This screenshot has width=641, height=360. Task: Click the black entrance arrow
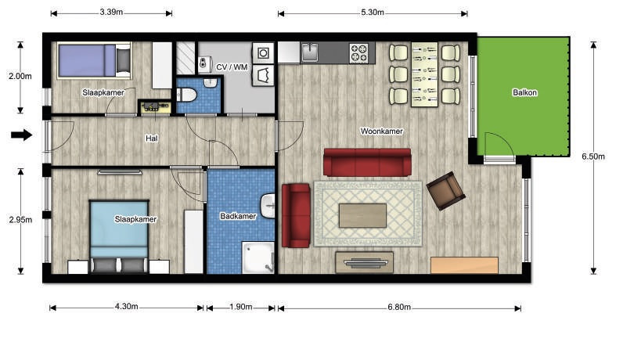click(x=21, y=135)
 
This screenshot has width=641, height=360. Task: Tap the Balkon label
click(x=524, y=93)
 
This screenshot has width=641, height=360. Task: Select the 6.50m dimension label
click(x=593, y=156)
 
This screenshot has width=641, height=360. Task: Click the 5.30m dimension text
click(x=372, y=13)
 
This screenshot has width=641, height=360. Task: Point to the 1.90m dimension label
click(x=241, y=307)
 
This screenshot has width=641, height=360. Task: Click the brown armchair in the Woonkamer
click(x=445, y=191)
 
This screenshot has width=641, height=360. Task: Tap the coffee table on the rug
click(x=362, y=215)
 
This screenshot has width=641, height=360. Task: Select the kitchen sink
click(x=310, y=52)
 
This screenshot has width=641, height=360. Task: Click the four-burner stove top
click(x=359, y=53)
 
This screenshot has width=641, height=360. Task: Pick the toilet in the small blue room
click(x=187, y=95)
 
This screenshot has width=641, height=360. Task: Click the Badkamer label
click(x=238, y=216)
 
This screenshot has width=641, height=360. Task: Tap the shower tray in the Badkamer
click(x=258, y=257)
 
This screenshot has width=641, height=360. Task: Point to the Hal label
click(x=152, y=139)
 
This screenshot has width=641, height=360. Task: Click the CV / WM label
click(x=232, y=67)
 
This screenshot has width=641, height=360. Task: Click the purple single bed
click(x=95, y=60)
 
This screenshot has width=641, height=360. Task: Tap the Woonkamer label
click(x=381, y=131)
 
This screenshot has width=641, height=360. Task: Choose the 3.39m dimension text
click(x=111, y=12)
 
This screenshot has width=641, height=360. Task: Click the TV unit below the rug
click(x=364, y=262)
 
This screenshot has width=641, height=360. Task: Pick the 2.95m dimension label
click(x=20, y=220)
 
